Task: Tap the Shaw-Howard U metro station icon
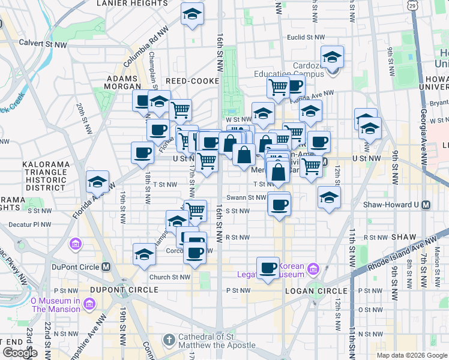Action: coord(426,205)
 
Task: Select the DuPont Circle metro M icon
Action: coord(106,266)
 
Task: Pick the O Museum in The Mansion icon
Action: coord(89,305)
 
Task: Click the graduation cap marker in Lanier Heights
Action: coord(192,15)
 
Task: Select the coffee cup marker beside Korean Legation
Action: coord(268,268)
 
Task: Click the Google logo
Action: coord(20,353)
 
